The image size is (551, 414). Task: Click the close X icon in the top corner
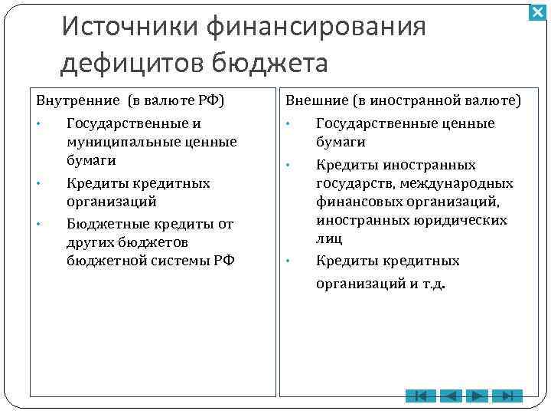pyautogui.click(x=537, y=13)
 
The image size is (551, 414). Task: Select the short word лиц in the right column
pyautogui.click(x=329, y=238)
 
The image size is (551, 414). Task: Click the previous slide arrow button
pyautogui.click(x=451, y=396)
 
